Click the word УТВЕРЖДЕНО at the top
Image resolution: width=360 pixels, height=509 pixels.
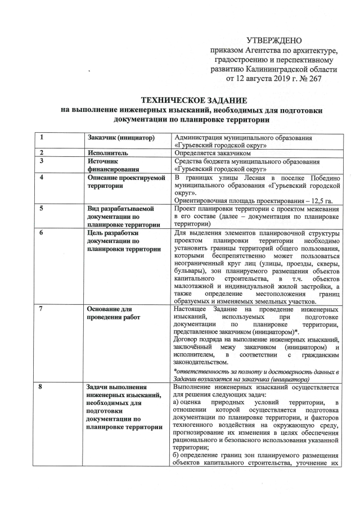coord(274,40)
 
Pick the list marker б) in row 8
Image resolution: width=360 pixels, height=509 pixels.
coord(178,455)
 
